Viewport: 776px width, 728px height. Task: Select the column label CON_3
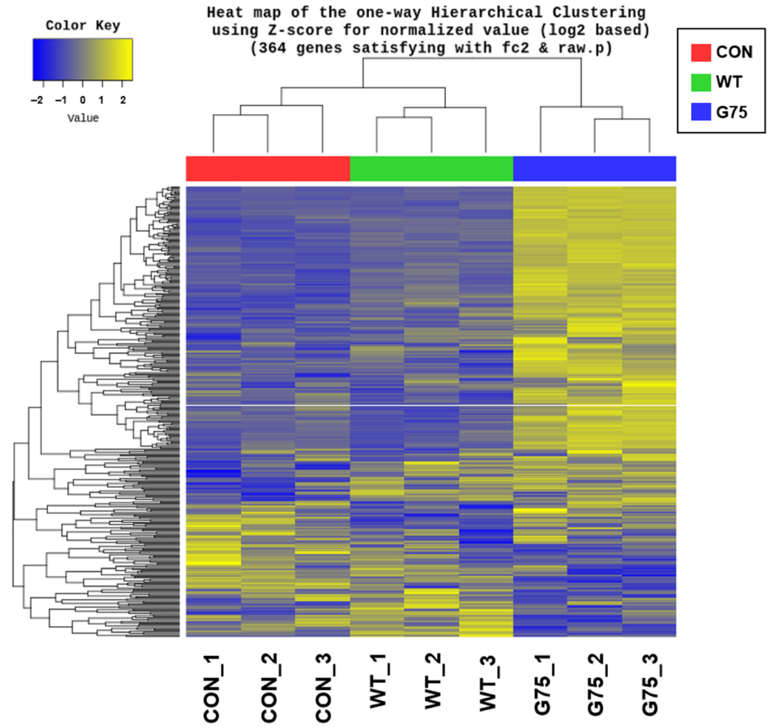pyautogui.click(x=324, y=688)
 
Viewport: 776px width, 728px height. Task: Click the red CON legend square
pyautogui.click(x=701, y=53)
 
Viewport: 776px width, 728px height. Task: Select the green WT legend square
pyautogui.click(x=701, y=83)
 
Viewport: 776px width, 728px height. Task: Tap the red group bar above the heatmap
pyautogui.click(x=268, y=169)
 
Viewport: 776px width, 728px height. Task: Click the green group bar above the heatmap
pyautogui.click(x=431, y=169)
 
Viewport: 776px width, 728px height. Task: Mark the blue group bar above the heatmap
pyautogui.click(x=594, y=169)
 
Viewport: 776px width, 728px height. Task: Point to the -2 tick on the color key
pyautogui.click(x=38, y=100)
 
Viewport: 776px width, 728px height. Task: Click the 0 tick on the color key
pyautogui.click(x=83, y=100)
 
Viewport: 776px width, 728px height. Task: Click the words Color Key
pyautogui.click(x=83, y=26)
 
